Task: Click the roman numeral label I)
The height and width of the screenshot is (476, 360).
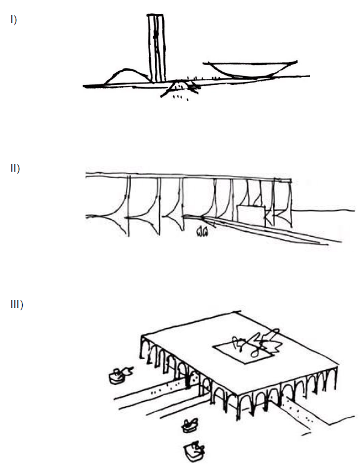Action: click(x=14, y=20)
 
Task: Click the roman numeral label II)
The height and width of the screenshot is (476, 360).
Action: click(x=15, y=168)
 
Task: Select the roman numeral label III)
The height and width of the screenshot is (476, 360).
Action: click(x=17, y=304)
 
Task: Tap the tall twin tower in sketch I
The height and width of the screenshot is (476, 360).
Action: click(x=157, y=48)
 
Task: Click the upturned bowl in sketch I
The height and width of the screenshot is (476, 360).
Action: click(x=250, y=69)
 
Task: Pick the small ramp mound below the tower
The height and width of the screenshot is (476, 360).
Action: click(x=180, y=87)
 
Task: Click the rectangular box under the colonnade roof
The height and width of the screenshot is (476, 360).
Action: click(x=251, y=216)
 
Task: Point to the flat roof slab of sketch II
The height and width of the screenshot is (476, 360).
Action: click(x=188, y=177)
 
